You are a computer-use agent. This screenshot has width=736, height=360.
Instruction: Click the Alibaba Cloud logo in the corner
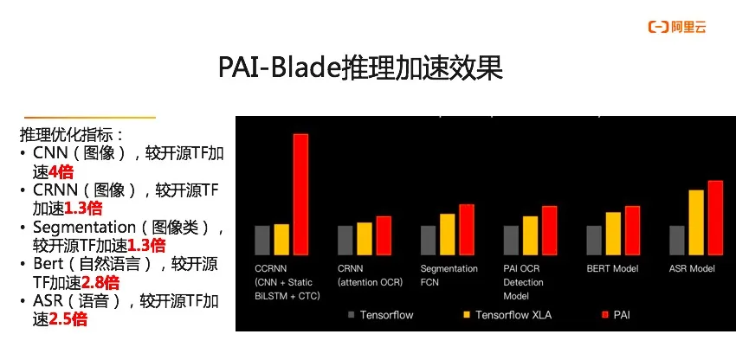point(677,27)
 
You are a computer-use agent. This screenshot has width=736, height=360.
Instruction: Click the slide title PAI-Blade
point(281,68)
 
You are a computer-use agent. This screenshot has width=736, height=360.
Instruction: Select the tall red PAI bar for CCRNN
point(300,195)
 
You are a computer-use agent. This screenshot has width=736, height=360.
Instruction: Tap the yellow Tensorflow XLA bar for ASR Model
point(696,222)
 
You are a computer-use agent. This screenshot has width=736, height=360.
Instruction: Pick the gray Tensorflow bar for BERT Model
point(594,241)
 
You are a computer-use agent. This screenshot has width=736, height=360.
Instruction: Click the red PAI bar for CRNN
point(384,235)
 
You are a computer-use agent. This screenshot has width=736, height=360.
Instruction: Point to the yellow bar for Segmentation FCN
point(448,235)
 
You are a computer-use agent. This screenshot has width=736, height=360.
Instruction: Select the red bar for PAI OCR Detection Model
point(550,231)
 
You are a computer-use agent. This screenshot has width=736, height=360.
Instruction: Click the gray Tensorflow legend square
point(352,314)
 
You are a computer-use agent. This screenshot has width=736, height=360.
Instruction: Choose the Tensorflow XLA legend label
point(513,314)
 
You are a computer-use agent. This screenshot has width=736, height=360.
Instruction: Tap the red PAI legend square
point(605,314)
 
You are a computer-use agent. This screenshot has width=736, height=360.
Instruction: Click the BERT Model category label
point(612,269)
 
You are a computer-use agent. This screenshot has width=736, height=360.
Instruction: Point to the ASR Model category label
point(692,269)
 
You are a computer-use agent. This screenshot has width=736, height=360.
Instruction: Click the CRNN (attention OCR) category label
point(370,275)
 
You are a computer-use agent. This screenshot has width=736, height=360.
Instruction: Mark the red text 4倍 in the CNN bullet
point(61,172)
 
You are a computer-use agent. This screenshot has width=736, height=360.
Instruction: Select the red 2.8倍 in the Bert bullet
point(100,283)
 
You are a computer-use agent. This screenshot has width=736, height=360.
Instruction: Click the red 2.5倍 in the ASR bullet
point(68,319)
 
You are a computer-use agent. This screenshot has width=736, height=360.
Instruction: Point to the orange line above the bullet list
point(90,117)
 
